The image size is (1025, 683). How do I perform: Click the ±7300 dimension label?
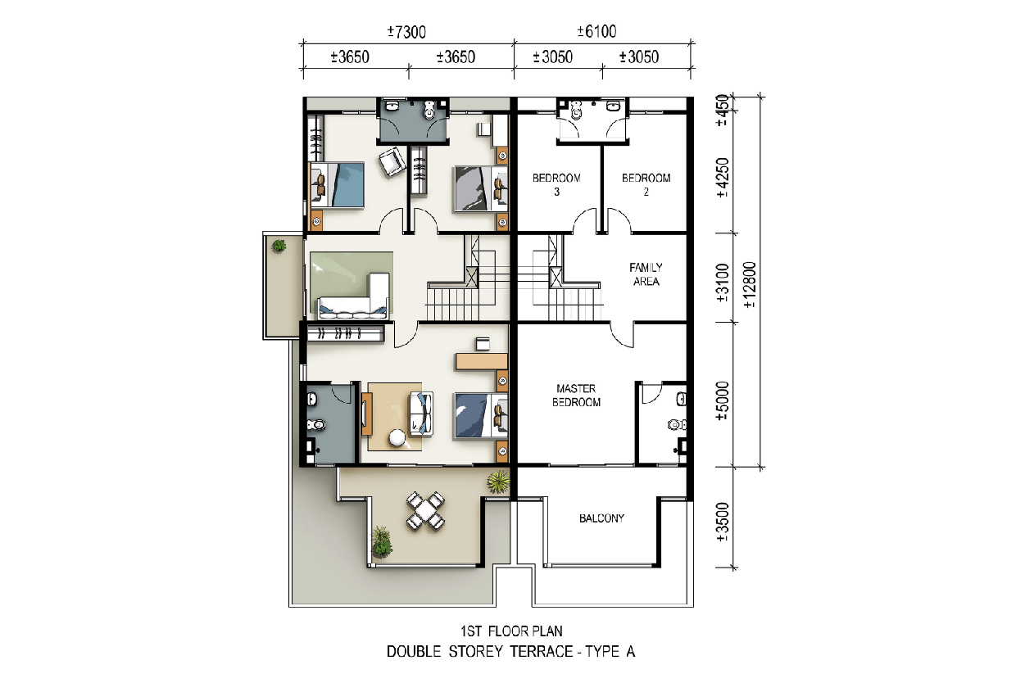pyautogui.click(x=406, y=32)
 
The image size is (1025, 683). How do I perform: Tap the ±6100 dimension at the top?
pyautogui.click(x=596, y=32)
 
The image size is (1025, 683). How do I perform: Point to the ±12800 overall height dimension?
pyautogui.click(x=750, y=284)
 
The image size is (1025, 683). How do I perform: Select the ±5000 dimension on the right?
pyautogui.click(x=723, y=400)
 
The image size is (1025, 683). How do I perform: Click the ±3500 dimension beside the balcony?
pyautogui.click(x=723, y=522)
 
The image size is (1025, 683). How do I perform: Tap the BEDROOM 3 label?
pyautogui.click(x=556, y=184)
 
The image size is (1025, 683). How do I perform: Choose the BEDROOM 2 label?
pyautogui.click(x=646, y=184)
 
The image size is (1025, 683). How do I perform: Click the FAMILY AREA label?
pyautogui.click(x=646, y=274)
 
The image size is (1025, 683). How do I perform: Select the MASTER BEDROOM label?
pyautogui.click(x=576, y=396)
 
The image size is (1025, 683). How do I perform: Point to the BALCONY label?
pyautogui.click(x=601, y=518)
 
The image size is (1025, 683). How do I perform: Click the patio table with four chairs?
pyautogui.click(x=425, y=511)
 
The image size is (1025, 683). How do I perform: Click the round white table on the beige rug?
pyautogui.click(x=397, y=438)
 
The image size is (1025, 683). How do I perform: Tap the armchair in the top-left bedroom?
pyautogui.click(x=392, y=162)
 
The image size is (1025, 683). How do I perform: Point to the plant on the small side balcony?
pyautogui.click(x=279, y=247)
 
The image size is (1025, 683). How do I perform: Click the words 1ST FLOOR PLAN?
pyautogui.click(x=511, y=631)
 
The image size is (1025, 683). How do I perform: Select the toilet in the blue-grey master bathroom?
pyautogui.click(x=315, y=424)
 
